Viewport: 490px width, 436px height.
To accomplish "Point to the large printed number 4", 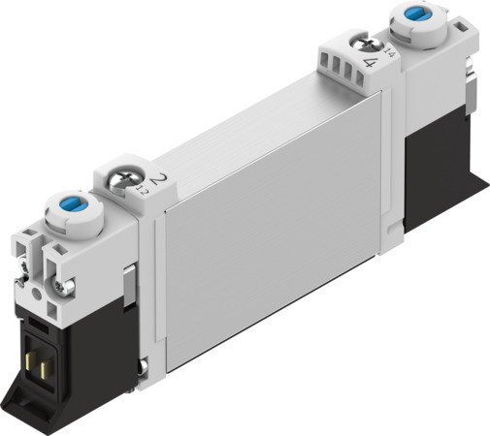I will coord(371,62).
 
